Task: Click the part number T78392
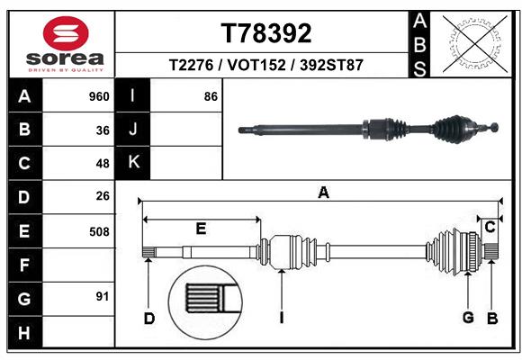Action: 266,33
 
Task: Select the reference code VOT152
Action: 266,66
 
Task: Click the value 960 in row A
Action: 99,96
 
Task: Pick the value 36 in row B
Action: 103,130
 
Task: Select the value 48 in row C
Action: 103,164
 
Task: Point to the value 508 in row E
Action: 99,231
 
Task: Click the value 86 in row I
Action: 211,96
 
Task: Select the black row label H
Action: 24,332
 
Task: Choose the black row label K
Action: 133,163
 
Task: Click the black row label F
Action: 24,265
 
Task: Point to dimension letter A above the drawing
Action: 323,192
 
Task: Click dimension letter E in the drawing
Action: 201,229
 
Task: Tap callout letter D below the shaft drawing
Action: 149,318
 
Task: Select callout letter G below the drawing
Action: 468,318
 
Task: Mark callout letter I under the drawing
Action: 282,318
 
